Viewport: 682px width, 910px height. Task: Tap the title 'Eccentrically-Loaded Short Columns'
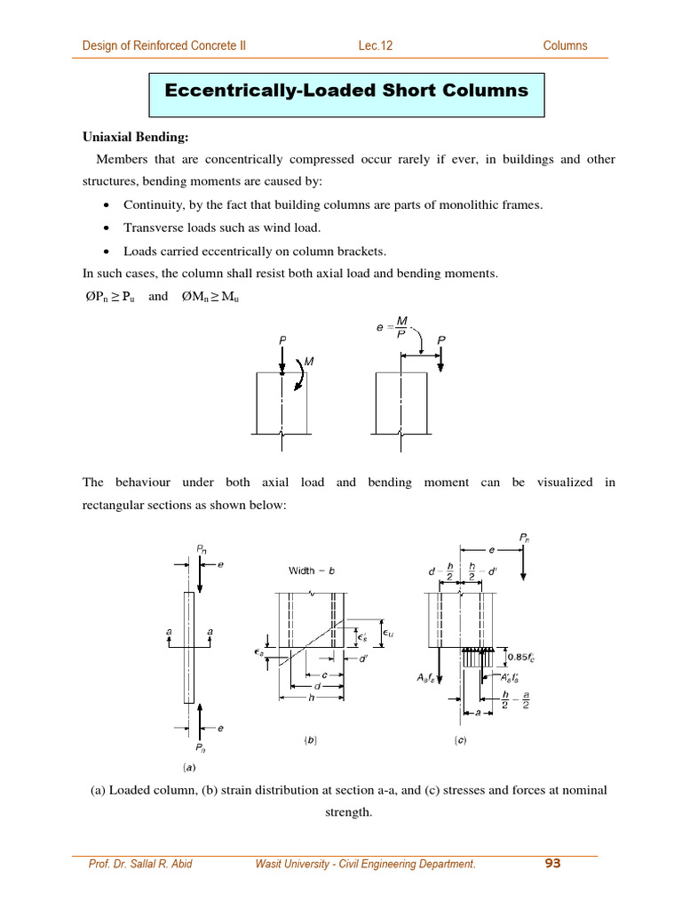[x=346, y=91]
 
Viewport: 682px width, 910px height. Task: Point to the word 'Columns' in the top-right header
[x=565, y=45]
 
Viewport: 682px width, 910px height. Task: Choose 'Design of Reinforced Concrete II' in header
[x=164, y=45]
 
